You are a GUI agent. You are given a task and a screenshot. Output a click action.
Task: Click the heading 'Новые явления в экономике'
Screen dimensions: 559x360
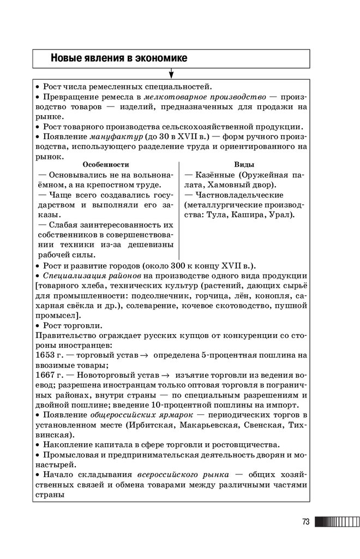click(118, 57)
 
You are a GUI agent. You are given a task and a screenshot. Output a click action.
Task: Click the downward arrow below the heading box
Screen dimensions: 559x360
click(171, 73)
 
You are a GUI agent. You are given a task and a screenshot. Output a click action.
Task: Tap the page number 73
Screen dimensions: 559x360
click(305, 522)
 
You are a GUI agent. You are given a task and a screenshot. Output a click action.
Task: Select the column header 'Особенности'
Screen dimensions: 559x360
click(105, 165)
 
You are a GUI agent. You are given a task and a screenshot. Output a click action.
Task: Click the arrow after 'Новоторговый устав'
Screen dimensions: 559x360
click(166, 376)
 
